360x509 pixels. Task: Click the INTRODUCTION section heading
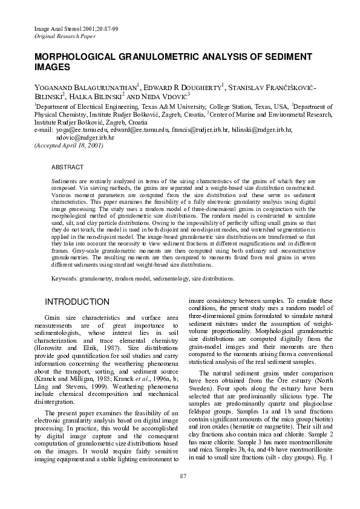(x=77, y=302)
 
